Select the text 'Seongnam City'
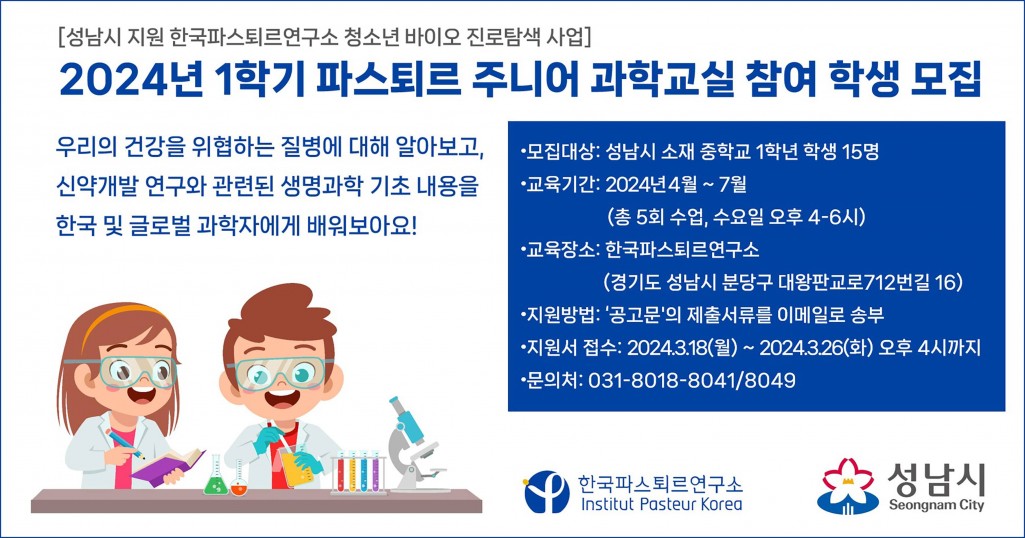click(936, 507)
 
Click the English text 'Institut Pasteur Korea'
click(662, 505)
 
